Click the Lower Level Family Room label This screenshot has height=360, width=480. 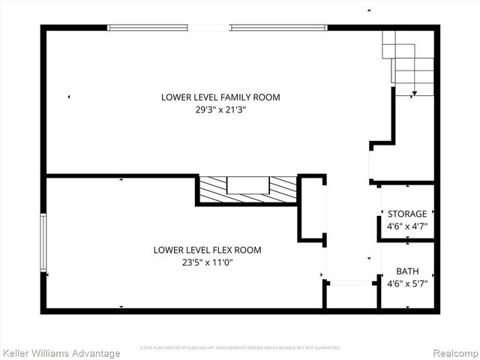point(215,97)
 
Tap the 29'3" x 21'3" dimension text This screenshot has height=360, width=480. point(215,109)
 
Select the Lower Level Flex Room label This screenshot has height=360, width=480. point(208,250)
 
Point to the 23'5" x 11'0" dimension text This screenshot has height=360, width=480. point(208,262)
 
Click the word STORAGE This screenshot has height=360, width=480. point(407,214)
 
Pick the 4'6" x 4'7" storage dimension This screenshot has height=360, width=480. point(407,226)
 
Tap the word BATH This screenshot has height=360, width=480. point(407,271)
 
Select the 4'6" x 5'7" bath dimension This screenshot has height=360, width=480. point(407,283)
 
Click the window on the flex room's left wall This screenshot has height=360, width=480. point(43,241)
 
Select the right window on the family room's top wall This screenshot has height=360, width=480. point(278,28)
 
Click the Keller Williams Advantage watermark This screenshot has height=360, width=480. point(61,352)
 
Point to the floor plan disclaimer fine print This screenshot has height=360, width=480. point(240,348)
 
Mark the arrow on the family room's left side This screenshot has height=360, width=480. point(69,97)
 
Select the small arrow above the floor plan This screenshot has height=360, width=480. point(368,10)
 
